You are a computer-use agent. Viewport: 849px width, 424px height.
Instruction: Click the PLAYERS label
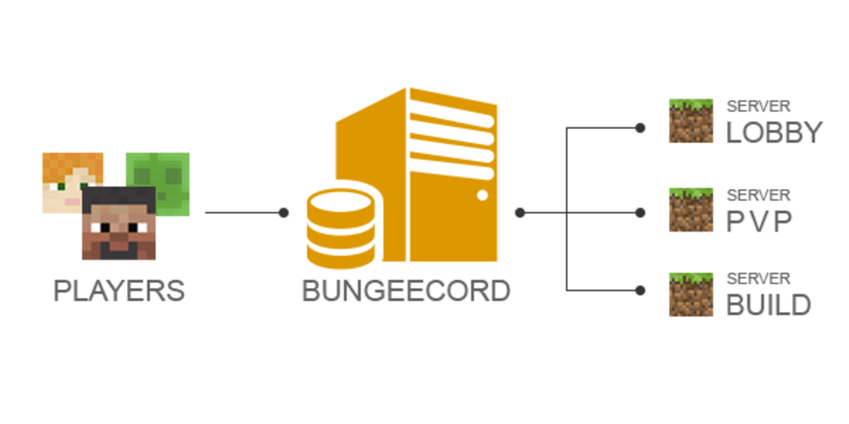point(119,291)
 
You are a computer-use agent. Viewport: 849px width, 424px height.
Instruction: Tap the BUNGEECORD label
point(406,291)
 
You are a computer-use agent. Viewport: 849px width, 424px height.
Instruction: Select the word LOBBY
point(774,133)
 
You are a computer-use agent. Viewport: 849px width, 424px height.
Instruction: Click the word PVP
point(759,220)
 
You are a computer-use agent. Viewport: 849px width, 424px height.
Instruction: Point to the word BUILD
point(768,304)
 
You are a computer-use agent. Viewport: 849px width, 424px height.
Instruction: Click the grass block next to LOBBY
point(690,120)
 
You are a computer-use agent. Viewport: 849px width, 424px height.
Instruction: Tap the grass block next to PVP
point(690,209)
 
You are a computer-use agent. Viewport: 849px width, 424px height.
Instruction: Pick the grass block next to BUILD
point(690,293)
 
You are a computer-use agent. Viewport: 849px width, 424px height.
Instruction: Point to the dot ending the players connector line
point(284,213)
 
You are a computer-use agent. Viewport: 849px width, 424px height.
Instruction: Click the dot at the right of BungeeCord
point(520,213)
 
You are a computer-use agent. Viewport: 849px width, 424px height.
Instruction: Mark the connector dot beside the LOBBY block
point(640,128)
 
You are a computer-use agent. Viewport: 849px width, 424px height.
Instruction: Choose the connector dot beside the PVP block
point(640,213)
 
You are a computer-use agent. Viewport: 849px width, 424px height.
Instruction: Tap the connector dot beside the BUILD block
point(640,291)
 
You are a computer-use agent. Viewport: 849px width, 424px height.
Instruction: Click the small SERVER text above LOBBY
point(758,107)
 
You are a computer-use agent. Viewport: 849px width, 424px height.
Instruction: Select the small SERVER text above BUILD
point(758,278)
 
